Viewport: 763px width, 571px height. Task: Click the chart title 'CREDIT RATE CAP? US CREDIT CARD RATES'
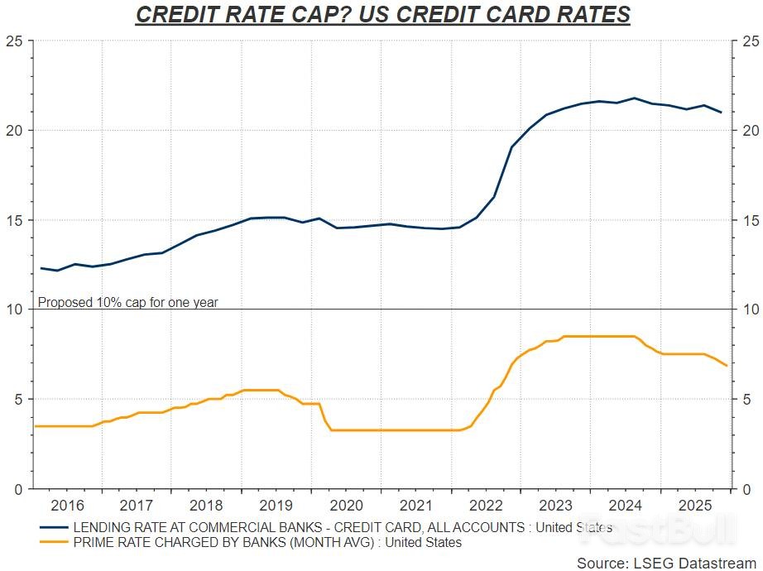click(x=382, y=15)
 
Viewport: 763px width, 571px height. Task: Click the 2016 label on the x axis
click(x=67, y=505)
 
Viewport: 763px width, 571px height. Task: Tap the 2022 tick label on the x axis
click(x=486, y=505)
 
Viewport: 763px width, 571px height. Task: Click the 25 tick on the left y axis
click(x=16, y=41)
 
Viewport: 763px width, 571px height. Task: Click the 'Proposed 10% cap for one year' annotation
click(x=128, y=302)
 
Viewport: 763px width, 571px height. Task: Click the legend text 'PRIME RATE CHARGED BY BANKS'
click(x=190, y=543)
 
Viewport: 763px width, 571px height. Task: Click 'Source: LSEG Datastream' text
click(x=663, y=563)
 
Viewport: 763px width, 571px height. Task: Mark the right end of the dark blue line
click(x=721, y=113)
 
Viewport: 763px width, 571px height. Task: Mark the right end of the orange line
click(x=726, y=365)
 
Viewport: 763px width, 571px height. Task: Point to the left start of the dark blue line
click(x=41, y=268)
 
